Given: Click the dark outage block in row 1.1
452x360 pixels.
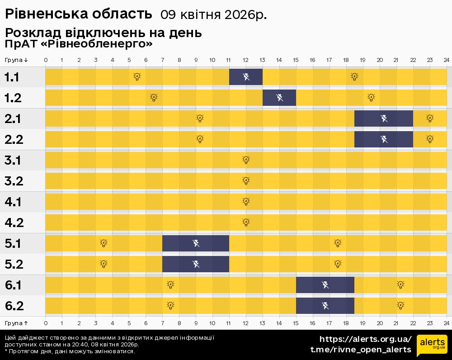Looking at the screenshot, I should click(x=246, y=77).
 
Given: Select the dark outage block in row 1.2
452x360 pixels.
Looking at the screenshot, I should click(x=279, y=98).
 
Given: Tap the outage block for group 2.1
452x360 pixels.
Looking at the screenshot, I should click(x=383, y=118).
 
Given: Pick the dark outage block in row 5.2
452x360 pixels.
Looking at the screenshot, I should click(x=196, y=264).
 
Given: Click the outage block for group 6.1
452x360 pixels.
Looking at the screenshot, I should click(x=325, y=285).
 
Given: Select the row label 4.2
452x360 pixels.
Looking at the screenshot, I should click(x=14, y=223).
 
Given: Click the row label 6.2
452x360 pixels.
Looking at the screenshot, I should click(x=14, y=306).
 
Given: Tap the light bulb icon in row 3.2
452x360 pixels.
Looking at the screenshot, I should click(x=246, y=181).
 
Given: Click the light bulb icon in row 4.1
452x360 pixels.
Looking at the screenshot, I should click(x=246, y=202).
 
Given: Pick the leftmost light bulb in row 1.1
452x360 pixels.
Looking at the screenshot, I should click(x=137, y=77).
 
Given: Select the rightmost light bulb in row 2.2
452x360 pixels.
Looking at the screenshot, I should click(x=430, y=139).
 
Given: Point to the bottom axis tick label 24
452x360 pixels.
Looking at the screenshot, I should click(x=446, y=323).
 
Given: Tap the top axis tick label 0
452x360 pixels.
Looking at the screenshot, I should click(x=46, y=60).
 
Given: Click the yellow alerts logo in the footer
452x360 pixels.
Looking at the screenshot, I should click(x=432, y=346).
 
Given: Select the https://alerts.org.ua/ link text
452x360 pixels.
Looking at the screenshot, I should click(x=366, y=339).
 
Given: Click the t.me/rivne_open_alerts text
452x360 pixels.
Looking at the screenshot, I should click(x=361, y=350).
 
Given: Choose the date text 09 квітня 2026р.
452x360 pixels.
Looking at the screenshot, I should click(x=213, y=14).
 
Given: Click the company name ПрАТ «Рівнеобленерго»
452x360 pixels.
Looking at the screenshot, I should click(x=79, y=44).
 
